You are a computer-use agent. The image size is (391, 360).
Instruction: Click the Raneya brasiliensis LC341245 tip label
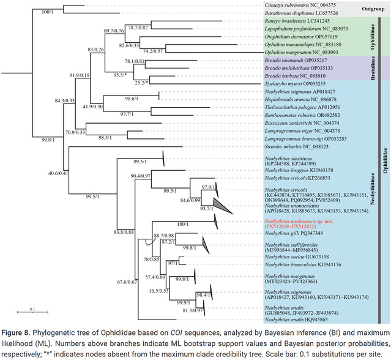(296, 21)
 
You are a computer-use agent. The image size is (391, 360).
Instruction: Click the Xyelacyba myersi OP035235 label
(292, 83)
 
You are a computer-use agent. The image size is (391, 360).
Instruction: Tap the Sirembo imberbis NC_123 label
(292, 147)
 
